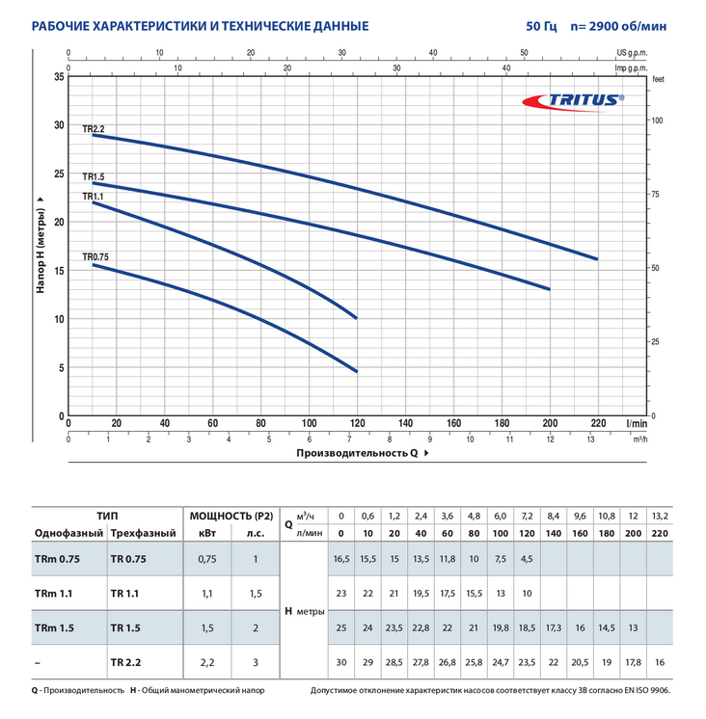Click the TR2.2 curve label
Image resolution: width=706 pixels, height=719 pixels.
click(x=93, y=128)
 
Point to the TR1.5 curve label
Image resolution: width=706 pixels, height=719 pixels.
click(x=93, y=176)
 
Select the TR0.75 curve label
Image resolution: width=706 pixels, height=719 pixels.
click(x=95, y=257)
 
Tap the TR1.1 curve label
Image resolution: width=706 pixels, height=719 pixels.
click(x=93, y=196)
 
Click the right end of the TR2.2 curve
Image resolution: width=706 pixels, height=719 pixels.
click(x=597, y=258)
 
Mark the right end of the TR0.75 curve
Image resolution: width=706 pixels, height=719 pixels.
click(x=357, y=371)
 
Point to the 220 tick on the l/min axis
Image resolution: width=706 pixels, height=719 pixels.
click(x=597, y=422)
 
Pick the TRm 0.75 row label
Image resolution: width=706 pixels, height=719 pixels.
click(x=55, y=558)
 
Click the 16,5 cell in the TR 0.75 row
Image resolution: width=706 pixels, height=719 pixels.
click(x=339, y=558)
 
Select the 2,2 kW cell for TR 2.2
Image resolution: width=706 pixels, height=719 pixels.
click(x=205, y=662)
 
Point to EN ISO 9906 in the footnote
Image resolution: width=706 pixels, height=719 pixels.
click(x=641, y=691)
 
